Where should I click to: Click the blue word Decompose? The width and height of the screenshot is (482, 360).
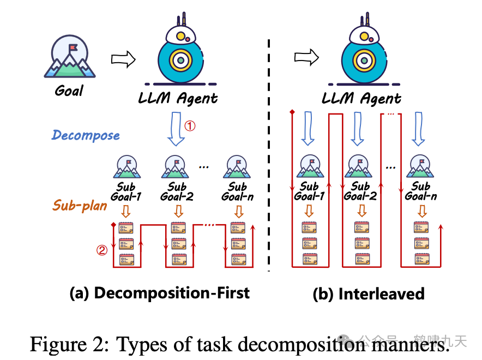(x=86, y=135)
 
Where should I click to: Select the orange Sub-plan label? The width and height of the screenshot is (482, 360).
(x=80, y=206)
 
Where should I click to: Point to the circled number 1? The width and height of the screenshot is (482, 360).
(x=189, y=125)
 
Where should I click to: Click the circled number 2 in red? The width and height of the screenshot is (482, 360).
(x=101, y=250)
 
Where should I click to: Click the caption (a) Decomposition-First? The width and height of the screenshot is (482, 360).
(x=160, y=293)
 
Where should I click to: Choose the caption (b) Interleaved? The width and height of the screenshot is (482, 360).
(x=368, y=294)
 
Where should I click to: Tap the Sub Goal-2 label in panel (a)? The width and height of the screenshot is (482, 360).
(x=177, y=192)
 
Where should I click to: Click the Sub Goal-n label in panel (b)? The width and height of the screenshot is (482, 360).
(x=421, y=191)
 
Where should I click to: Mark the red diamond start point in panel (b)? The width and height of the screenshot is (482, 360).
(x=292, y=112)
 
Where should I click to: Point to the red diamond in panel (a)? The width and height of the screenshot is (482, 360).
(x=113, y=225)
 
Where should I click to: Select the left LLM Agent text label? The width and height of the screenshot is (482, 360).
(x=177, y=98)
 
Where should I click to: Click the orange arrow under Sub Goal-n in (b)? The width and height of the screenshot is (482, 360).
(x=421, y=211)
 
